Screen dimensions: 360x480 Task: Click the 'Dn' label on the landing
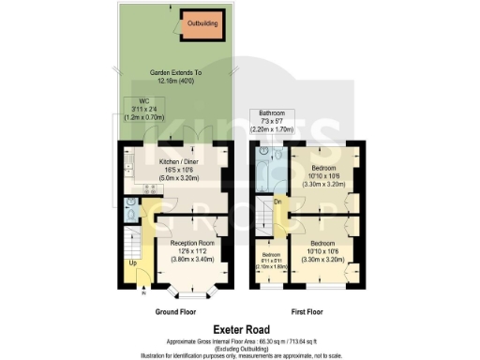277,201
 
